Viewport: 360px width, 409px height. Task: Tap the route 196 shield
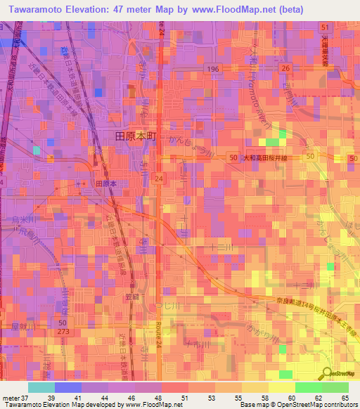point(214,69)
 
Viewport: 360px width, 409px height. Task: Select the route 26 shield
point(285,68)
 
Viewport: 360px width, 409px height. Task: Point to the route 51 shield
point(325,27)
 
